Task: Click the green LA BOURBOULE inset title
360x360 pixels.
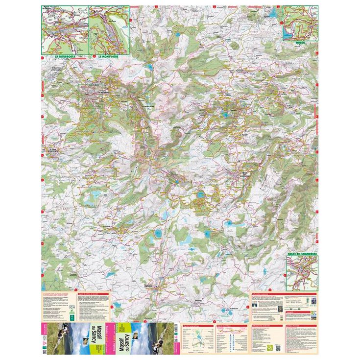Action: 64,57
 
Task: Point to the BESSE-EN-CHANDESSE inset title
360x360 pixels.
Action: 302,254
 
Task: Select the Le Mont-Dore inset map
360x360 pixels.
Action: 109,30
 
